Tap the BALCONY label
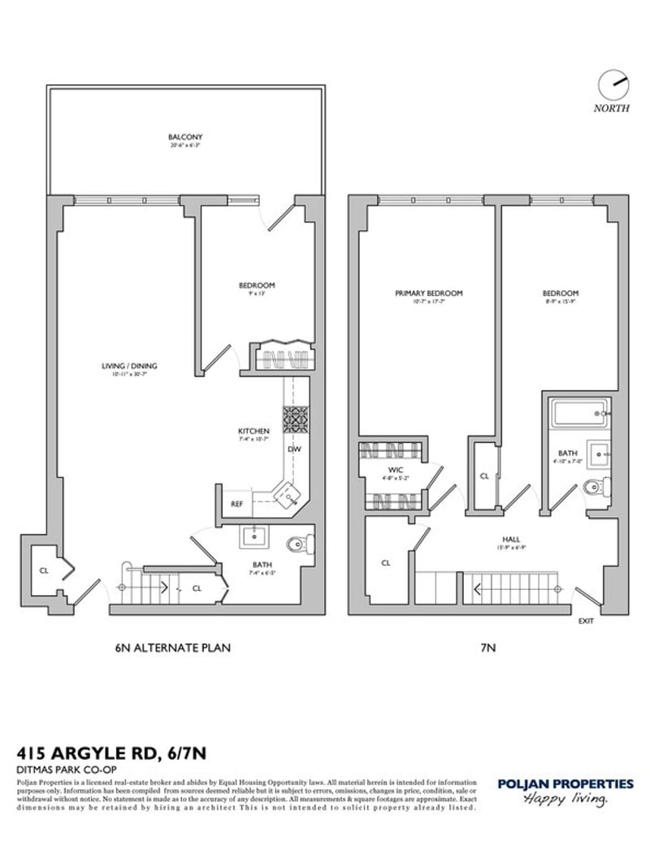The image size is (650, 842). click(x=185, y=137)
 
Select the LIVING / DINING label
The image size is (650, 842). click(x=123, y=366)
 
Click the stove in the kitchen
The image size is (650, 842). click(x=293, y=419)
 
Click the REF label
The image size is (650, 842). click(x=237, y=504)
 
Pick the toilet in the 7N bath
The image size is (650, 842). click(x=597, y=488)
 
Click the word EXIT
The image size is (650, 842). click(x=586, y=622)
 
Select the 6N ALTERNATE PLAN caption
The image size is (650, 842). click(x=172, y=648)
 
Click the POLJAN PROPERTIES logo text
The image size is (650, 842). click(x=565, y=783)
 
